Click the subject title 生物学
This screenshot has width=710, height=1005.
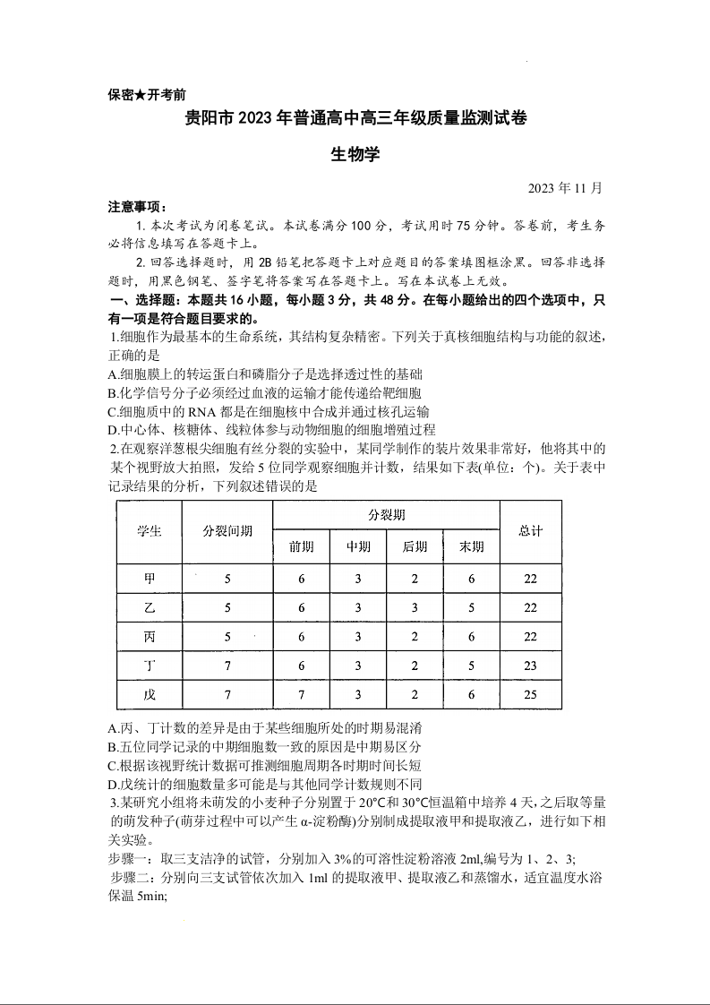[355, 153]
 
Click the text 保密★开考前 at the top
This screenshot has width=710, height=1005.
[147, 94]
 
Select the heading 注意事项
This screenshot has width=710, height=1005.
[136, 207]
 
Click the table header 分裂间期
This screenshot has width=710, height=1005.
[227, 531]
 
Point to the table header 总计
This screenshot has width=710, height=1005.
[530, 531]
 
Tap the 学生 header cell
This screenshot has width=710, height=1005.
[150, 531]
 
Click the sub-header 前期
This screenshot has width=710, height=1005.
[301, 546]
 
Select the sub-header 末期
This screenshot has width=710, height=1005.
[471, 546]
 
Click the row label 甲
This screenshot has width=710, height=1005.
[150, 579]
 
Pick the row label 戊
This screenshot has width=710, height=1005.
[150, 694]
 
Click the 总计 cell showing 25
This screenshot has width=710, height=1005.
[530, 694]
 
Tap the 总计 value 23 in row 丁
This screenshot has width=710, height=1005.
[530, 666]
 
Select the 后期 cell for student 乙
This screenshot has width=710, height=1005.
[415, 607]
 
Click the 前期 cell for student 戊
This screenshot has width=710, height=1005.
[301, 694]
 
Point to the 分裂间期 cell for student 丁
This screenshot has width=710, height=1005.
[227, 666]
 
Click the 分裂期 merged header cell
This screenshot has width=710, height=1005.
[386, 515]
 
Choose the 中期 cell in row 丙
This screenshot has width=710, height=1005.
[358, 637]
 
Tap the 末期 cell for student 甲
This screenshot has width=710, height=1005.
[471, 579]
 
